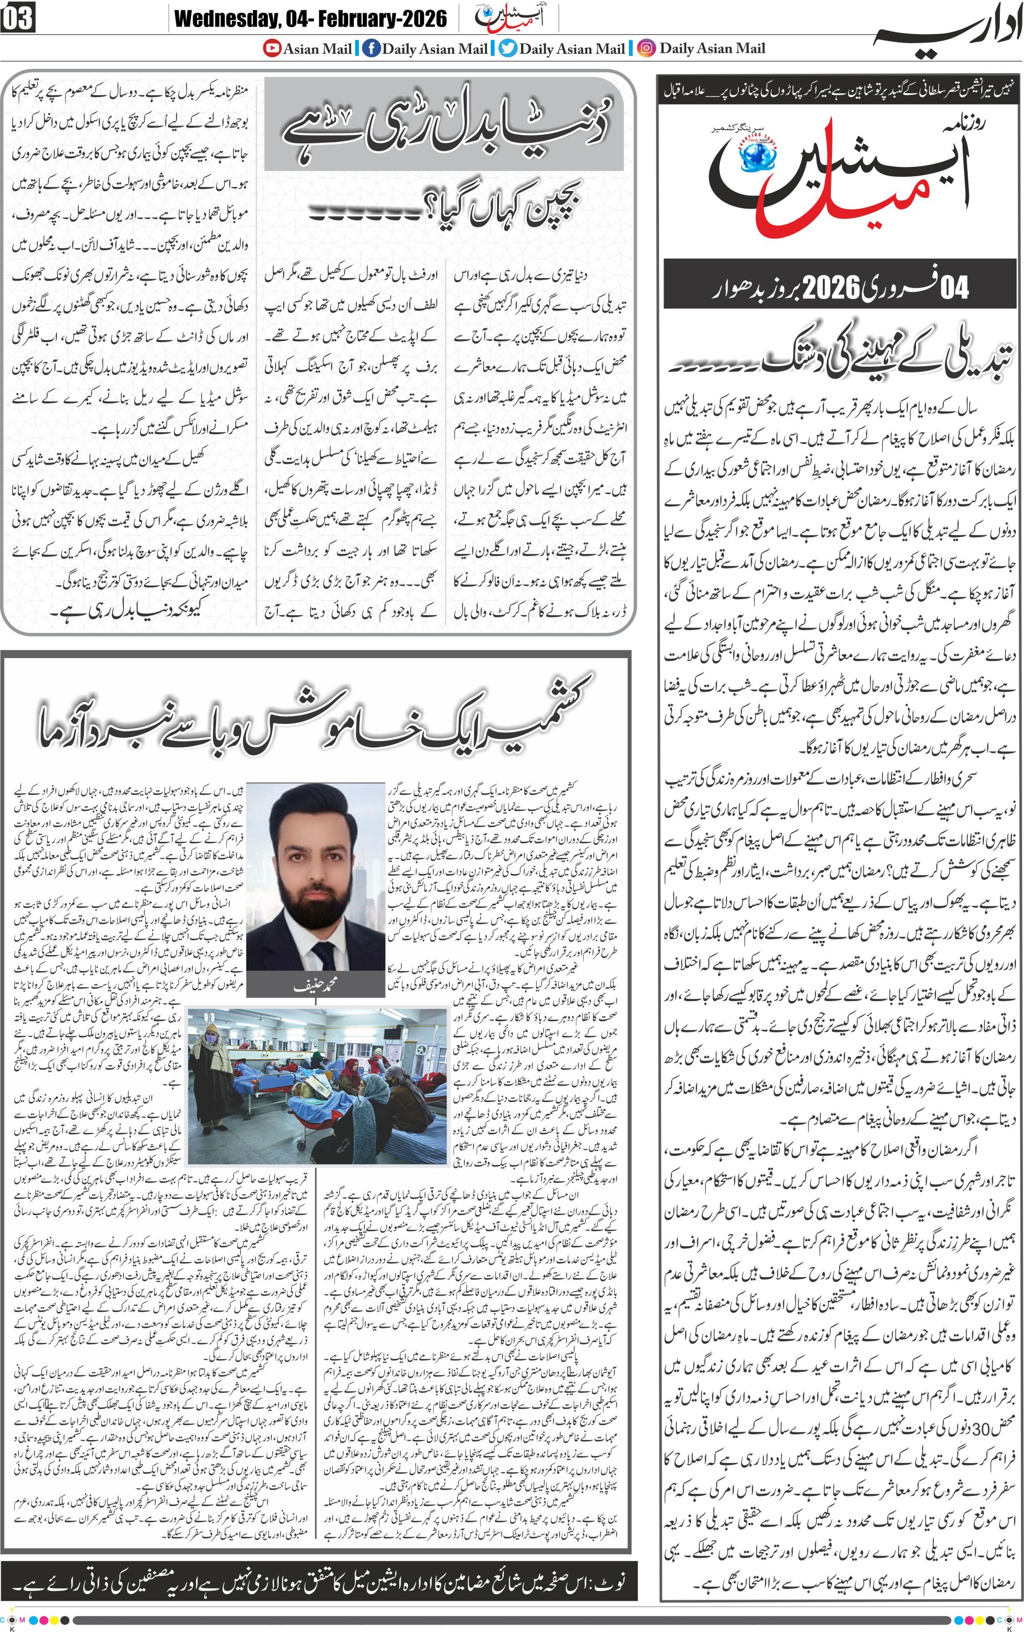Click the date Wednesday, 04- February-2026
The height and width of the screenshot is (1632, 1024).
(310, 19)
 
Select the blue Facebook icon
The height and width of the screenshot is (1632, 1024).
(371, 49)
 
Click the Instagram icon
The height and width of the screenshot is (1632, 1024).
(647, 49)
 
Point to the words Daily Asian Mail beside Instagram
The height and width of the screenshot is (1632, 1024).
(713, 49)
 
